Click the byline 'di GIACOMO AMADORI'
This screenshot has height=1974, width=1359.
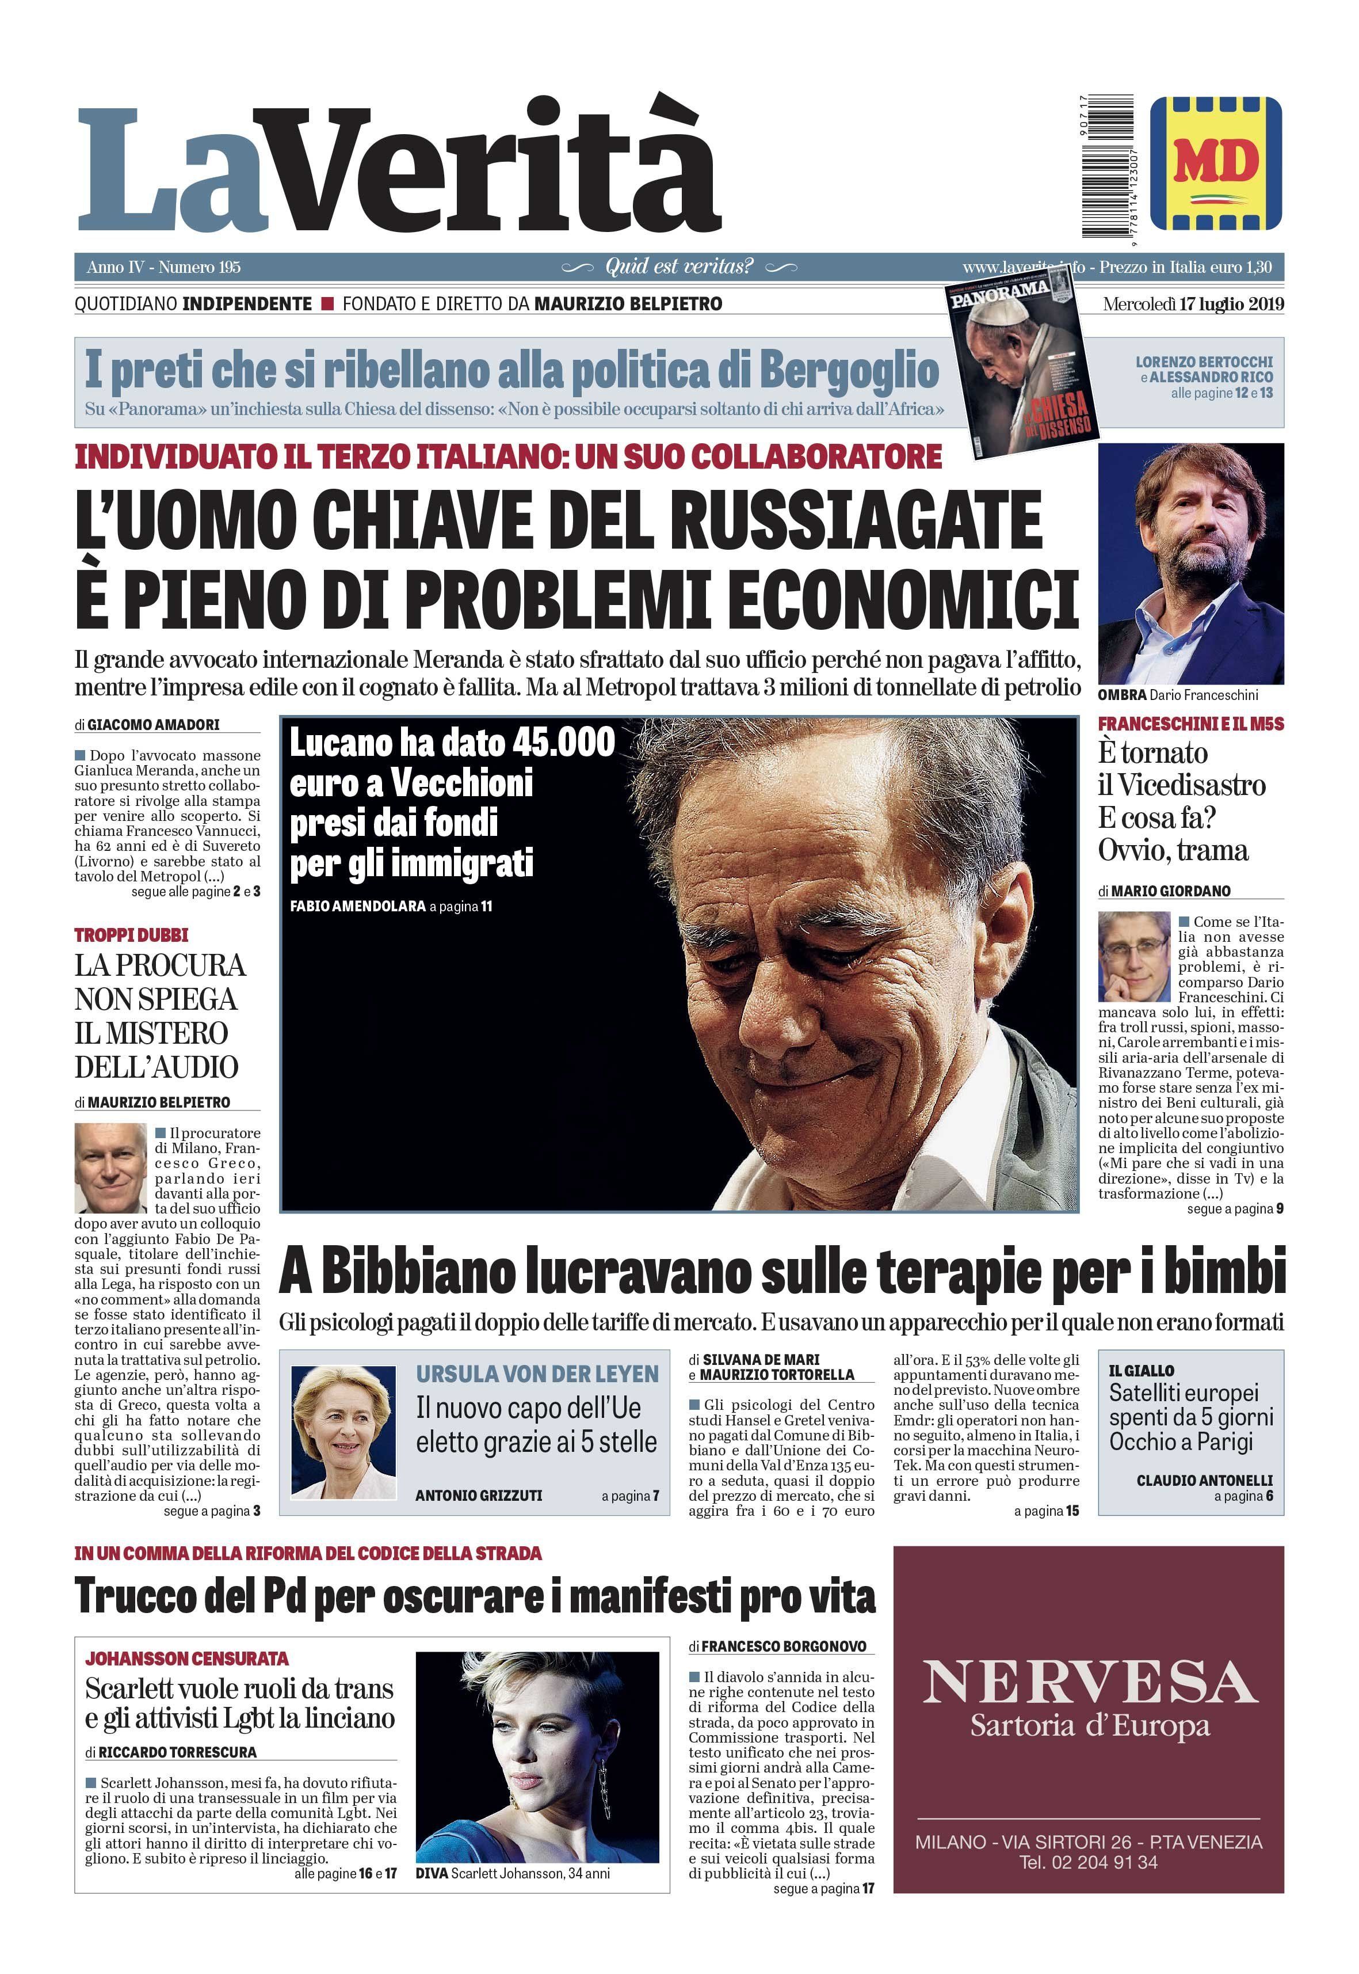147,724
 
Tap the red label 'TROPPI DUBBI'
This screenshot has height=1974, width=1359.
131,934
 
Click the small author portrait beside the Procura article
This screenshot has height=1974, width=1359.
110,1167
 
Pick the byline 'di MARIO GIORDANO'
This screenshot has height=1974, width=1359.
1164,891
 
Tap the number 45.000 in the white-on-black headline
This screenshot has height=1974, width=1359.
563,742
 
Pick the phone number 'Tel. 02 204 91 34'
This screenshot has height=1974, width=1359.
1089,1863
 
